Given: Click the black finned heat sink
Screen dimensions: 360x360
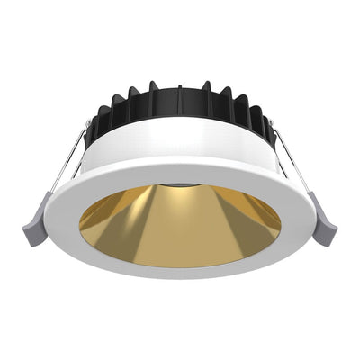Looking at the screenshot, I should coord(180,106).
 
